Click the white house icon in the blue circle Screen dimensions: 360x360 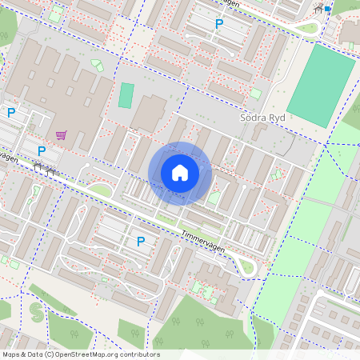point(180,173)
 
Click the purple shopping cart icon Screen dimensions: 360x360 point(62,135)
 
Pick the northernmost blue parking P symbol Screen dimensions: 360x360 point(218,24)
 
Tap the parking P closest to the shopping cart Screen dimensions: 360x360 point(42,150)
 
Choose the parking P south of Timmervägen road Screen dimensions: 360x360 point(141,241)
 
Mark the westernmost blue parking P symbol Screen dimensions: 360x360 point(11,113)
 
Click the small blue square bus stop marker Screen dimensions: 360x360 point(328,8)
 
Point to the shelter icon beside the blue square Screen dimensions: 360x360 point(319,9)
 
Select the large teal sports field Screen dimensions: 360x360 point(321,86)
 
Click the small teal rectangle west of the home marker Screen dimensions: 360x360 point(126,95)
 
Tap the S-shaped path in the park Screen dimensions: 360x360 point(33,308)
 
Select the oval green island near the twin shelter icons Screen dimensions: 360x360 point(100,190)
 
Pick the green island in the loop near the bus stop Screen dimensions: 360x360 point(306,30)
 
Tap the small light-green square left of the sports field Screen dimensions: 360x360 point(255,94)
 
